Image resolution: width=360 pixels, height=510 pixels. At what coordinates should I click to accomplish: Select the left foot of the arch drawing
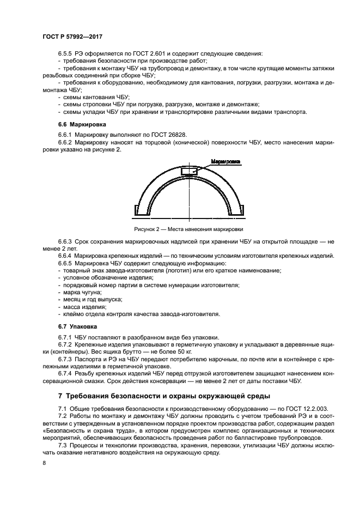(x=138, y=210)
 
